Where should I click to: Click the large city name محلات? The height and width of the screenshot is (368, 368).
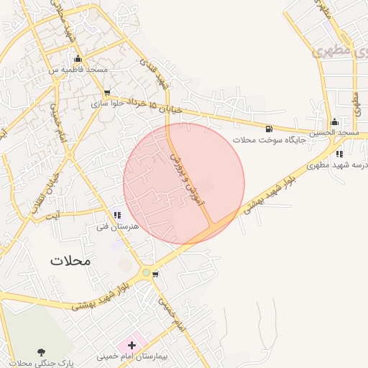[x=71, y=260]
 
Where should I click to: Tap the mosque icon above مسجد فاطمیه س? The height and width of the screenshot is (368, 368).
[x=78, y=59]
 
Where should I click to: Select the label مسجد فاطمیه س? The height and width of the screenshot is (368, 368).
[x=78, y=70]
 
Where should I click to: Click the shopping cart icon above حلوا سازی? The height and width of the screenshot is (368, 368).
[x=107, y=93]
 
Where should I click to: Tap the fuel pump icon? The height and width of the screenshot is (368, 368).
[x=269, y=127]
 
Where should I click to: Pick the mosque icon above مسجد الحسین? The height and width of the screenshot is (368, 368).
[x=334, y=121]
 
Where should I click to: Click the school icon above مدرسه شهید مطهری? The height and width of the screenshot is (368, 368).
[x=339, y=154]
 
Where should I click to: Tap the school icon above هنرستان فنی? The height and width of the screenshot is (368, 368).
[x=117, y=214]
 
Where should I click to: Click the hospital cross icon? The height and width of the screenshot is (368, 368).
[x=132, y=346]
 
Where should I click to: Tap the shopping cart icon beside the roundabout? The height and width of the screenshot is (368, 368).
[x=156, y=274]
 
